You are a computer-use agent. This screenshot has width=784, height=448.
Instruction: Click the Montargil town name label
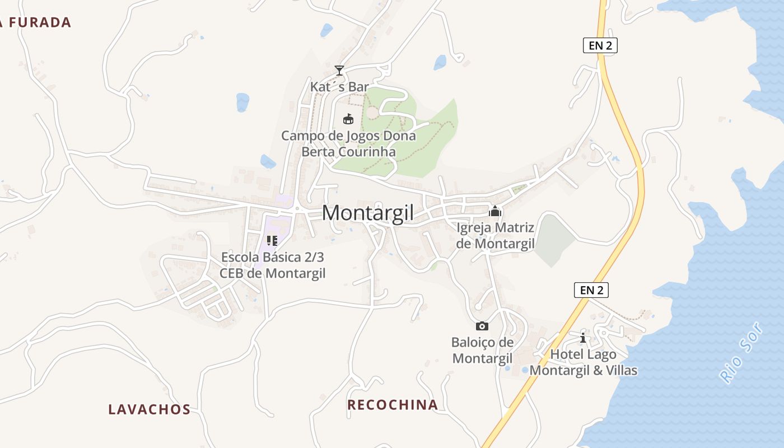(368, 213)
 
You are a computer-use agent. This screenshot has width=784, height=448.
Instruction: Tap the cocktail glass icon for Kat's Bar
(339, 71)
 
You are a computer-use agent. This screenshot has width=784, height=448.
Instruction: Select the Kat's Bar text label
(339, 87)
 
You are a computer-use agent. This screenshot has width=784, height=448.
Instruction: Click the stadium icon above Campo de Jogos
(348, 119)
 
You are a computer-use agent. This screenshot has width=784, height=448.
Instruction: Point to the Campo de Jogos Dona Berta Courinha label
(348, 144)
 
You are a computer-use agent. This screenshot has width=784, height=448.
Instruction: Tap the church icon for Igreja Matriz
(495, 211)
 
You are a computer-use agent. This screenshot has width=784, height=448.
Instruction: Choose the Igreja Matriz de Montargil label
(496, 236)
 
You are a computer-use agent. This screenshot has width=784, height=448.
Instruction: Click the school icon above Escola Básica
(272, 241)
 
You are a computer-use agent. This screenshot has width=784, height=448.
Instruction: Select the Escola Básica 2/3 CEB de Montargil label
(272, 265)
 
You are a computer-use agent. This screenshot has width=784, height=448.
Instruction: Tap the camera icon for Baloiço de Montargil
(482, 326)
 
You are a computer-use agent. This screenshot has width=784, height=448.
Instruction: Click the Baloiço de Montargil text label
(482, 351)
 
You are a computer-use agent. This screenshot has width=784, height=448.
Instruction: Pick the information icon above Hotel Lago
(583, 338)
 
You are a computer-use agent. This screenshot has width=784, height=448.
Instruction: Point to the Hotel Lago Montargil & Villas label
(583, 362)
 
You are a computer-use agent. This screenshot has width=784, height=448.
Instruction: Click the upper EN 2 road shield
(600, 46)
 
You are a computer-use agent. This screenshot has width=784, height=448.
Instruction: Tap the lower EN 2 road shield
(591, 290)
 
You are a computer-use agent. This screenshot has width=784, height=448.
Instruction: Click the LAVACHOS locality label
(150, 409)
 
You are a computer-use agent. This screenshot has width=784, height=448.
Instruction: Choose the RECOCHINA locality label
(393, 405)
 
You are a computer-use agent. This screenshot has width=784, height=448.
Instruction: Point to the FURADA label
(37, 23)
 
